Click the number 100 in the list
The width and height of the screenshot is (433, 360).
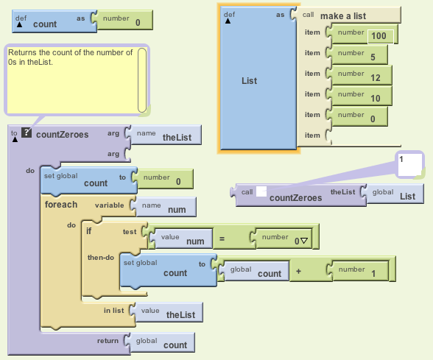pos(379,36)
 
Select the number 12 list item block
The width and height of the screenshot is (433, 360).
pos(361,75)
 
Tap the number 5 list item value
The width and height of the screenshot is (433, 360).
pos(373,57)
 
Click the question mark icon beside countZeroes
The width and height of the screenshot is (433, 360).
pos(27,133)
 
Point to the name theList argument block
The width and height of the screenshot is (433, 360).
pos(166,135)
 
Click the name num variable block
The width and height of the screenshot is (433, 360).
pos(165,207)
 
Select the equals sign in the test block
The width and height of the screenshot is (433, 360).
pos(222,239)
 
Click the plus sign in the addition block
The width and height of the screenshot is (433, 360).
pos(298,272)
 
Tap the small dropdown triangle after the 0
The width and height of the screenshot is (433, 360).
pos(303,241)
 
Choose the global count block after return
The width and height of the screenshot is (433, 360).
pos(161,342)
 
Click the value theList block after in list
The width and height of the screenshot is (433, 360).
pos(168,312)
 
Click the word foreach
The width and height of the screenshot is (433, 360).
pos(61,205)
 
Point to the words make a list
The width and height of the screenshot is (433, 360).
pos(343,16)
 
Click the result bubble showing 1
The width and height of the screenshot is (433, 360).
pos(410,165)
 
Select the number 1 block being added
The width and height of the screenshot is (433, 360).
pos(359,271)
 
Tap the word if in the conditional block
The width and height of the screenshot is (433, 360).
pos(88,231)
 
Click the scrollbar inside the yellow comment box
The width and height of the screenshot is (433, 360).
pos(142,80)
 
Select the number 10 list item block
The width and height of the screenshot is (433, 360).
pos(361,96)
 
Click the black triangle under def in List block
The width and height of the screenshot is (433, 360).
pos(228,21)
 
